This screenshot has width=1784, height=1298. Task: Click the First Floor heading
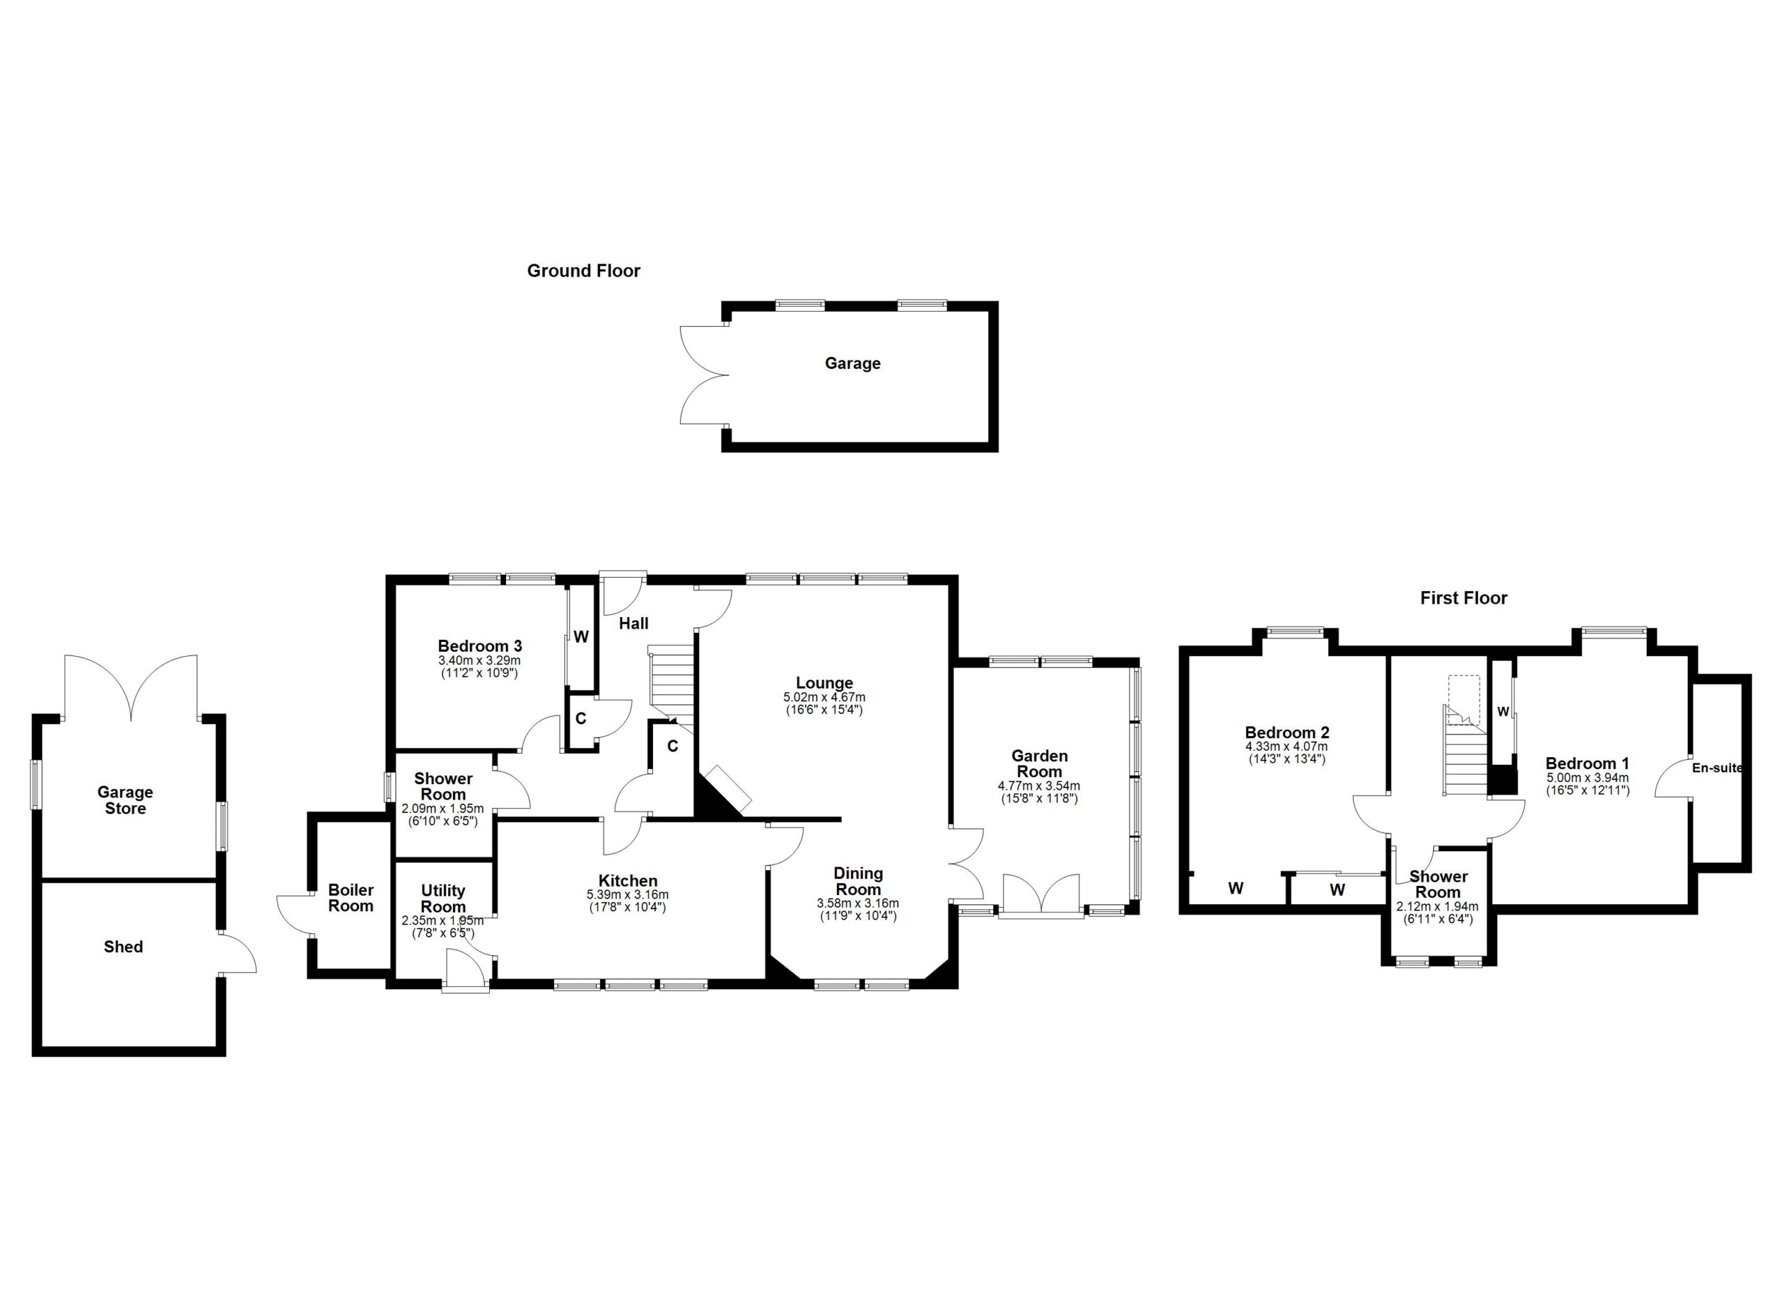tap(1463, 598)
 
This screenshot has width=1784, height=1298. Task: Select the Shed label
tap(123, 947)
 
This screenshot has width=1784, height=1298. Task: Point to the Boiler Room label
tap(351, 898)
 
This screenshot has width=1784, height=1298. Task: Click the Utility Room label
tap(443, 899)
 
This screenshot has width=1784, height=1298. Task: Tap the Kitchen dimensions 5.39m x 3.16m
tap(627, 895)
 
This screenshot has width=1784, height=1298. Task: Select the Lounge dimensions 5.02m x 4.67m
tap(824, 697)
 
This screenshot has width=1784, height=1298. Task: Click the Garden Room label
tap(1039, 763)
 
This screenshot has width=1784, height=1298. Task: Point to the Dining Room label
tap(858, 881)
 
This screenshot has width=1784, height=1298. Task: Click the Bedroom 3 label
tap(480, 647)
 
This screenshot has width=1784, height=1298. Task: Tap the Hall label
tap(633, 624)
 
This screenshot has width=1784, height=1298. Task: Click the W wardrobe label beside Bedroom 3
tap(581, 637)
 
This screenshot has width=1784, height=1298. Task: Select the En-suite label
tap(1717, 768)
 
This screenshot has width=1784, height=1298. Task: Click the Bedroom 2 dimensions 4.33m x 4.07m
tap(1286, 747)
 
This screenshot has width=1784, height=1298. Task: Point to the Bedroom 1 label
tap(1587, 763)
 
